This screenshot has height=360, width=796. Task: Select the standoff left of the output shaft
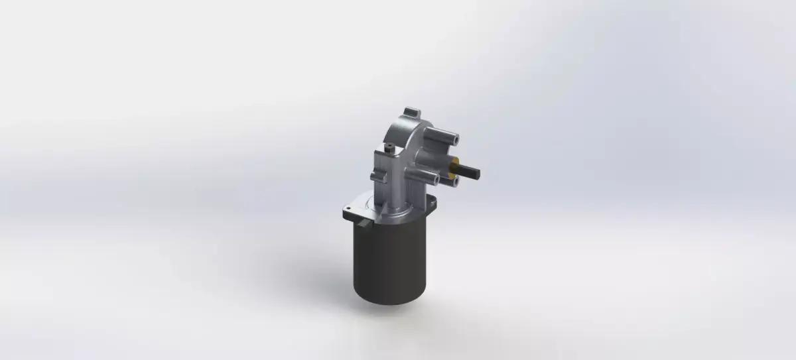(425, 176)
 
